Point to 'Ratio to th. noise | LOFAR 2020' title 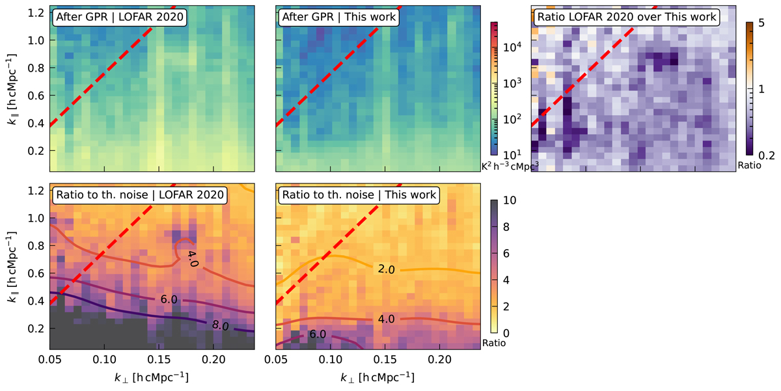click(x=140, y=194)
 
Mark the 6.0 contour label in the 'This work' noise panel click(x=318, y=335)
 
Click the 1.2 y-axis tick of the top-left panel click(x=37, y=13)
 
